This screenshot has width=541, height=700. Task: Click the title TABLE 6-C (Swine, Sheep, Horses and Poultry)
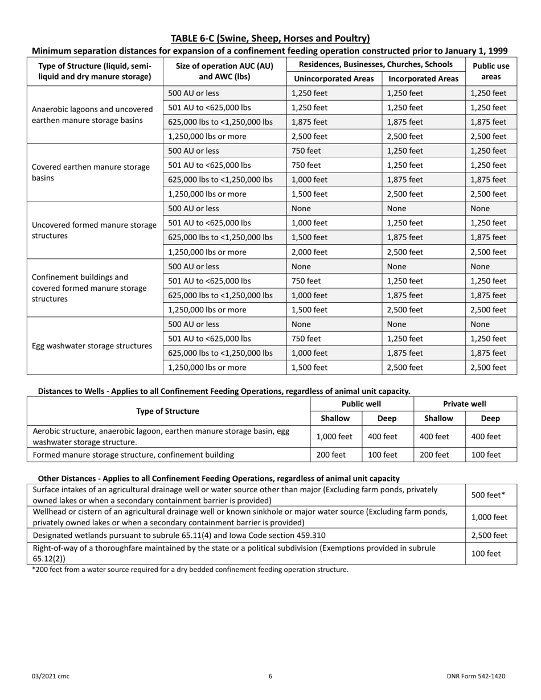(270, 39)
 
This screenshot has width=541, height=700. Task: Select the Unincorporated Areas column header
(334, 79)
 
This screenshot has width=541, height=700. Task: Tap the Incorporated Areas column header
(423, 79)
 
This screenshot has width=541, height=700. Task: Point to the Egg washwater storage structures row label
(92, 345)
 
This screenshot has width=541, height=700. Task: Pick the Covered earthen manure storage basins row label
(91, 172)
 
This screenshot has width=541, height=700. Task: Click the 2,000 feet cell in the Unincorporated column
(309, 252)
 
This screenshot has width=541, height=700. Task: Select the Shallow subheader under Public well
(335, 418)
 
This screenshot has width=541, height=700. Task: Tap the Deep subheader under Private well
(490, 418)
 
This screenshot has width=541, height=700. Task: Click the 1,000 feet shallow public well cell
(335, 437)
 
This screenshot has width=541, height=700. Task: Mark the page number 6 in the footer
(270, 676)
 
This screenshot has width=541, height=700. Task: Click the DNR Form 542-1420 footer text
(476, 676)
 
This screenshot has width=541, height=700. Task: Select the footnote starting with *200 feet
(190, 569)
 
